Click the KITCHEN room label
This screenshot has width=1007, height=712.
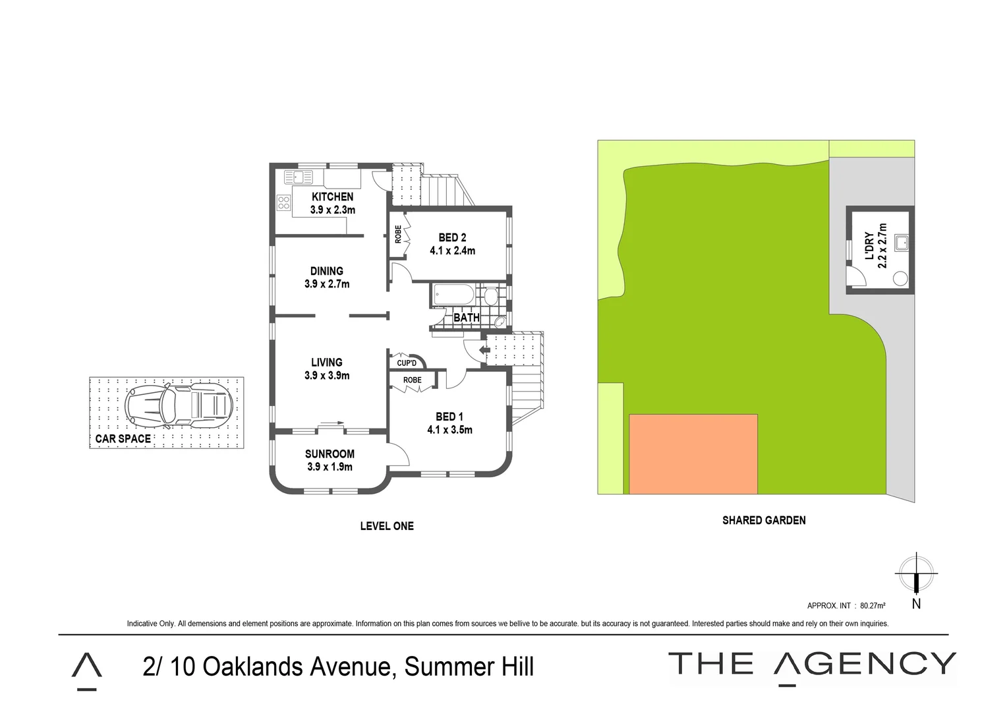[332, 196]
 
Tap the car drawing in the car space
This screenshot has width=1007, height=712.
[179, 405]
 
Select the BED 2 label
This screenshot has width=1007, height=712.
[452, 237]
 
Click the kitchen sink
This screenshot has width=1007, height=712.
[299, 177]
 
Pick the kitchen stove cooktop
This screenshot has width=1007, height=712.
[284, 202]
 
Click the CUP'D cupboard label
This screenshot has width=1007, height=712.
[407, 363]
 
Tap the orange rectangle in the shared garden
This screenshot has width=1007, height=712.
[693, 454]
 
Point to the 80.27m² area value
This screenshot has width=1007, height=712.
[872, 605]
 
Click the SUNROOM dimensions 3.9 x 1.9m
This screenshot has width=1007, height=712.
[330, 467]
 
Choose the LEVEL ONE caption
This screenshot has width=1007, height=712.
[387, 526]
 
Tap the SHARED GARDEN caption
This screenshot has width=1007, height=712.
[764, 520]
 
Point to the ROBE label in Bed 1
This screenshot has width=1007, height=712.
[412, 380]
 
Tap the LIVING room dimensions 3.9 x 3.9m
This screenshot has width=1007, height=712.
[327, 376]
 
